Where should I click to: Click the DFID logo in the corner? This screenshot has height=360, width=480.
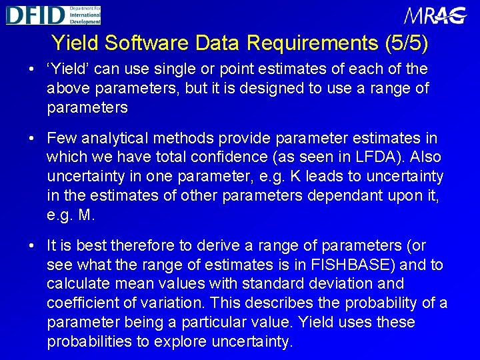click(53, 15)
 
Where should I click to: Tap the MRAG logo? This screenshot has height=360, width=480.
click(435, 16)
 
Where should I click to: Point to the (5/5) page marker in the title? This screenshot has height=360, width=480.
click(407, 43)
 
